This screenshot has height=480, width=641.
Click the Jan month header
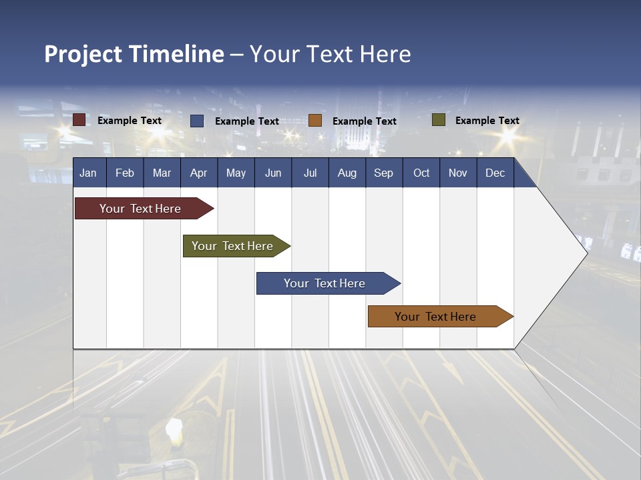click(88, 173)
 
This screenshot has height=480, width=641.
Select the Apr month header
click(198, 173)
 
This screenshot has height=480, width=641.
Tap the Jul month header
click(310, 173)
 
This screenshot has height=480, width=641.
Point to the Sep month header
click(383, 173)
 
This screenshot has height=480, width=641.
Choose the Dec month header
click(495, 173)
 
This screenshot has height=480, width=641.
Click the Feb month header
click(125, 173)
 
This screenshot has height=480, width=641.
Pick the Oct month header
click(421, 173)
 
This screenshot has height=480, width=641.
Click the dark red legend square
click(79, 120)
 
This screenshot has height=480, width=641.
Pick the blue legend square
click(197, 121)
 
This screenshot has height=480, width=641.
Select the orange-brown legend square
click(315, 121)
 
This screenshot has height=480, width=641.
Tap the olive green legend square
click(439, 120)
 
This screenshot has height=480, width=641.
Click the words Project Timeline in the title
click(134, 54)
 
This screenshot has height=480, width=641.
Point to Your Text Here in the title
click(330, 54)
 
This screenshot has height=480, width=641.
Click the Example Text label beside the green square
click(487, 120)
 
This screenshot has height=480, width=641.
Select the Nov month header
click(458, 173)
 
